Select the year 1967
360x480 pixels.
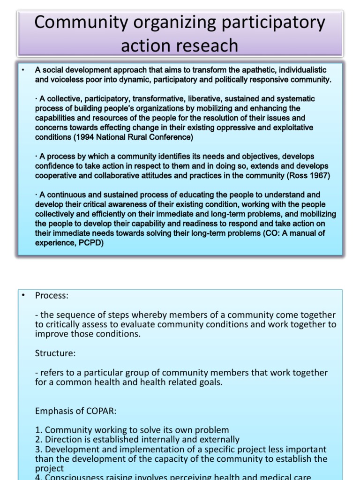[x=318, y=175]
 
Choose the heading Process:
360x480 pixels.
[x=51, y=296]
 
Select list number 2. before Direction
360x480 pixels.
[x=38, y=440]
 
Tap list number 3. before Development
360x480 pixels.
[x=38, y=450]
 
